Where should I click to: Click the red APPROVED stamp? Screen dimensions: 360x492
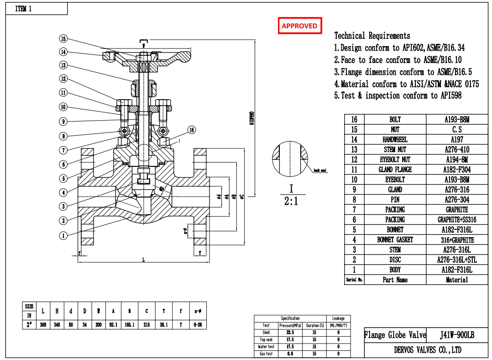pyautogui.click(x=299, y=26)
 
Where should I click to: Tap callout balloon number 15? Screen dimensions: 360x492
pyautogui.click(x=63, y=39)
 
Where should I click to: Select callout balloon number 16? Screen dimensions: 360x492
pyautogui.click(x=192, y=130)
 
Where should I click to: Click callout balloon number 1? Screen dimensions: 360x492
pyautogui.click(x=63, y=236)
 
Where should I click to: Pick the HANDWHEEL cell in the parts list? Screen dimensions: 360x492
pyautogui.click(x=395, y=139)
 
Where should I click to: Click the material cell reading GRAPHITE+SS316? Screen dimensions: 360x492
pyautogui.click(x=456, y=220)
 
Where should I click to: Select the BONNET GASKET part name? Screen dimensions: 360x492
pyautogui.click(x=395, y=240)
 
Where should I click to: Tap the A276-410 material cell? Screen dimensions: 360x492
pyautogui.click(x=456, y=149)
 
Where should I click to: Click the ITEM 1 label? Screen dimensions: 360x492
pyautogui.click(x=24, y=9)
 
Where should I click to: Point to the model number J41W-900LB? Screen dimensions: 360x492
pyautogui.click(x=457, y=335)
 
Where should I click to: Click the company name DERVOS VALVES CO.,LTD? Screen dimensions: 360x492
pyautogui.click(x=427, y=350)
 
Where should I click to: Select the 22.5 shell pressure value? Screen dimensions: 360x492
pyautogui.click(x=290, y=333)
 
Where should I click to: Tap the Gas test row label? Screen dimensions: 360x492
pyautogui.click(x=266, y=354)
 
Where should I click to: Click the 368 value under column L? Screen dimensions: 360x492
pyautogui.click(x=43, y=325)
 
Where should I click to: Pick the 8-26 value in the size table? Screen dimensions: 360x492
pyautogui.click(x=198, y=325)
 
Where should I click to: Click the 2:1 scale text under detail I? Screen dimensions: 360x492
pyautogui.click(x=291, y=201)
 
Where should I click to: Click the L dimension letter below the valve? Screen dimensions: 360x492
pyautogui.click(x=143, y=259)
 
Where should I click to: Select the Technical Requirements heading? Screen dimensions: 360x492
pyautogui.click(x=372, y=36)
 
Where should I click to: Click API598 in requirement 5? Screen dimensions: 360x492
pyautogui.click(x=451, y=95)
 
